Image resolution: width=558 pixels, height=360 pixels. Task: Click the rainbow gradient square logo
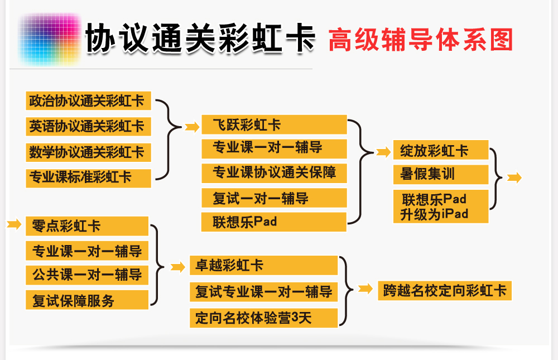[50, 39]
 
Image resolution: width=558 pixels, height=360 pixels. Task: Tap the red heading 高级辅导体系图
[421, 40]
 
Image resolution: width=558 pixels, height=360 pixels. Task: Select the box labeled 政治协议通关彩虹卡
[88, 101]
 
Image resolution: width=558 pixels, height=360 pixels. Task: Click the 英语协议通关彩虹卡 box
[88, 126]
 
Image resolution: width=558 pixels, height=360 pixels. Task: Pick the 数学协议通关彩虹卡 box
[88, 152]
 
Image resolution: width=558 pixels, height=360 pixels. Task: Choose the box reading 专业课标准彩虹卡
[88, 178]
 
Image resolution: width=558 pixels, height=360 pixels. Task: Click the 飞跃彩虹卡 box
[274, 124]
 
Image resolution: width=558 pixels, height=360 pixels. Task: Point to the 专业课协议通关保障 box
[274, 173]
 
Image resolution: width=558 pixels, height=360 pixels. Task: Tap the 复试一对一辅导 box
[274, 198]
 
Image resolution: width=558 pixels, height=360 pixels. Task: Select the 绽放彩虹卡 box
[441, 150]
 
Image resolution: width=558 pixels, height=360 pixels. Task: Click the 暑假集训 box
[441, 175]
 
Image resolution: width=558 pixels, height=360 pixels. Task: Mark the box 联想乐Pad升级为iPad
[441, 207]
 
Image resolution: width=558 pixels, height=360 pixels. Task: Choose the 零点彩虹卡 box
[87, 226]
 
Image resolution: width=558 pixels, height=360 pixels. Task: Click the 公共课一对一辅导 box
[87, 275]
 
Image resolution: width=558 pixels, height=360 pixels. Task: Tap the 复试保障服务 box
[87, 300]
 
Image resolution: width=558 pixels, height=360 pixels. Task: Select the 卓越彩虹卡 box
[264, 265]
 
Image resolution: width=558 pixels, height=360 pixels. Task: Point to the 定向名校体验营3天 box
[264, 318]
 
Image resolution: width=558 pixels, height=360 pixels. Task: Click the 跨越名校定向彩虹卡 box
[445, 291]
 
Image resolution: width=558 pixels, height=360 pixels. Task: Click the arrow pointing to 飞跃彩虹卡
[192, 126]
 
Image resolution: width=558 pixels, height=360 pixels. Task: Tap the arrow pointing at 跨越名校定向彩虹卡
[365, 289]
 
